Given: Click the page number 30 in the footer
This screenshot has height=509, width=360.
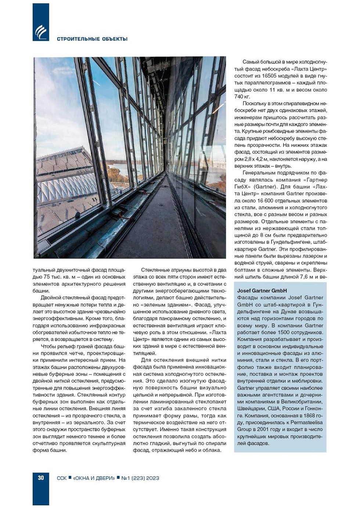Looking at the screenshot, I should (40, 478).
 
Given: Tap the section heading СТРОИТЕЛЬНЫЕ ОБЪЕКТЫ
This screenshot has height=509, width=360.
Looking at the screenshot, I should (92, 39).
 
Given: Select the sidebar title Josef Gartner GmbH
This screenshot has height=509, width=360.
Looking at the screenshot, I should (262, 291).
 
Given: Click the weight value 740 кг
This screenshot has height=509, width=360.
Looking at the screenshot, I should (242, 97).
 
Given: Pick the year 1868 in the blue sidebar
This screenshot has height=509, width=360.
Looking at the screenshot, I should (304, 416).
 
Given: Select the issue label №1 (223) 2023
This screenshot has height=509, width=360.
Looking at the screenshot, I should (140, 478).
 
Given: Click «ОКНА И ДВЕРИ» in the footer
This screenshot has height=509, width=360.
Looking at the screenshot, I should (94, 478).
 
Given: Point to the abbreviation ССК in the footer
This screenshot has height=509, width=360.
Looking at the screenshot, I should (62, 478).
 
